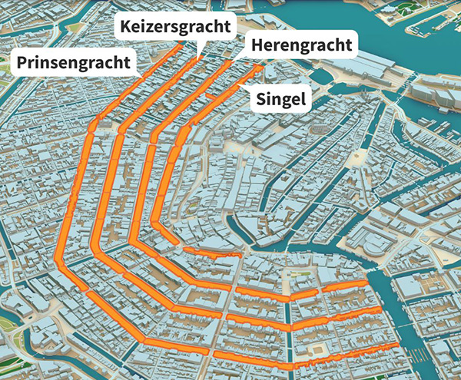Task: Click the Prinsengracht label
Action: coord(75,62)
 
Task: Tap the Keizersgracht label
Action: coord(175,28)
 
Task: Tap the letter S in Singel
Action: coord(261,99)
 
